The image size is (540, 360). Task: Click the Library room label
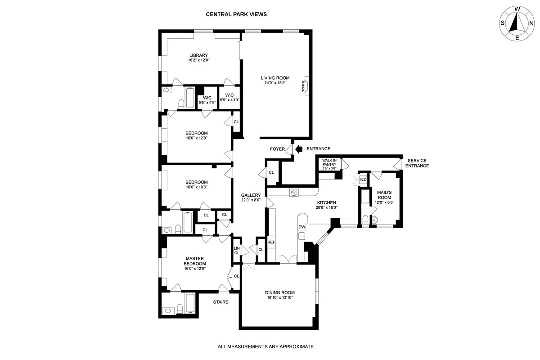click(198, 55)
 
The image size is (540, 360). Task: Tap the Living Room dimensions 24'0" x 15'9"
click(275, 83)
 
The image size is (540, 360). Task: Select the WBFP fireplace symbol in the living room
click(304, 84)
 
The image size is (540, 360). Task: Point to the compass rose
click(517, 23)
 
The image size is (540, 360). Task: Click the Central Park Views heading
click(236, 14)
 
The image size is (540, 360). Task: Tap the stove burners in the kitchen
click(294, 192)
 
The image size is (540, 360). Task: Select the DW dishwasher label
click(302, 227)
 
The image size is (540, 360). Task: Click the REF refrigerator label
click(271, 243)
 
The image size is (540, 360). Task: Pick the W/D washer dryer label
click(363, 180)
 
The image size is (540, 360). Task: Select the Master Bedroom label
click(195, 261)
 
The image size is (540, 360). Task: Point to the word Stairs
click(220, 302)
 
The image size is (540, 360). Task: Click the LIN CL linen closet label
click(237, 251)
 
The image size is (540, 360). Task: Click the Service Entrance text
click(417, 163)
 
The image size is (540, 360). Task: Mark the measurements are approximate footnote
click(265, 346)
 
